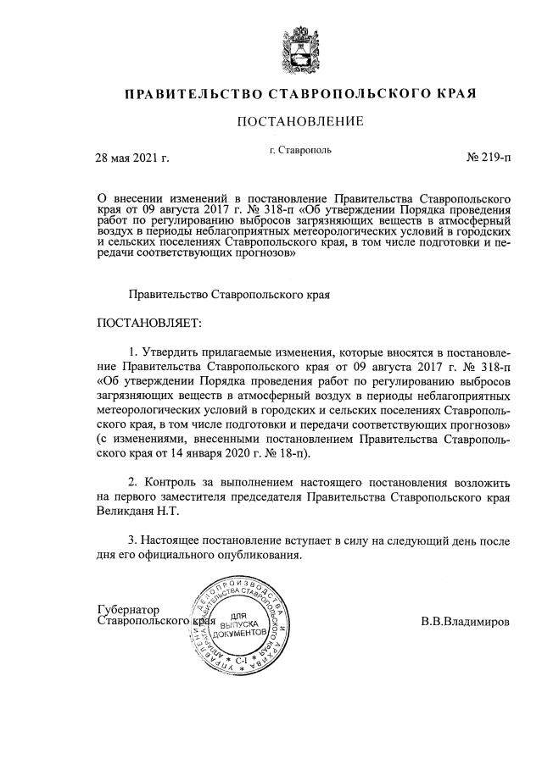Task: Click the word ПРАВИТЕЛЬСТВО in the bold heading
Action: (193, 92)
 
